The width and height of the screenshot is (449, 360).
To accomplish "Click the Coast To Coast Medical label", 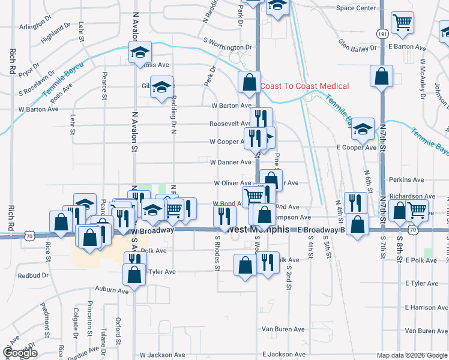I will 304,86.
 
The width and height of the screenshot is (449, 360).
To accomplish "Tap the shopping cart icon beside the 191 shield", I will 402,23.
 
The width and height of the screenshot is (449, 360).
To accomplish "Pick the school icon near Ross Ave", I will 140,52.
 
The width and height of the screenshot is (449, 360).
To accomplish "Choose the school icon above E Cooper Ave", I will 363,128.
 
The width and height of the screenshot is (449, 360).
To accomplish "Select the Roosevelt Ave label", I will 230,124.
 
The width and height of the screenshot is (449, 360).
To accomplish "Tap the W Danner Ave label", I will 231,162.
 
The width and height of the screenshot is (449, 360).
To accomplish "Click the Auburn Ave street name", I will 112,290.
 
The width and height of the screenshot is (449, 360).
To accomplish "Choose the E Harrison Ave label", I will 427,307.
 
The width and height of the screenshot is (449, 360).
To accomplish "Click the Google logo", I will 20,353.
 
